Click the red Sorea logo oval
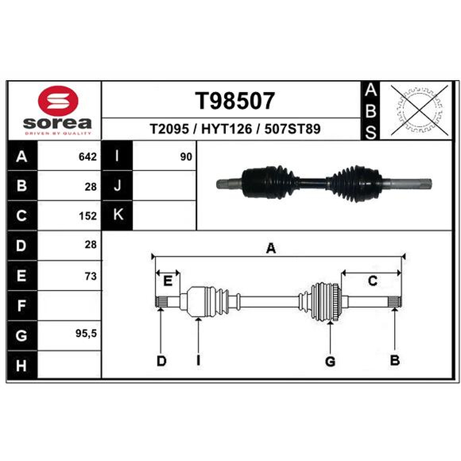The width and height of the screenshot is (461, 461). (58, 100)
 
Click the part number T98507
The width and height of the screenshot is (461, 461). (235, 101)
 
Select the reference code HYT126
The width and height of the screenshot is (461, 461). (226, 129)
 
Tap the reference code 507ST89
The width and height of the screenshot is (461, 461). (293, 129)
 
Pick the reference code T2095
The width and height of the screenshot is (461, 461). (169, 129)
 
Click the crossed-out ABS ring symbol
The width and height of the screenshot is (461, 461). (420, 111)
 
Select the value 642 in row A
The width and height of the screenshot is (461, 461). (88, 157)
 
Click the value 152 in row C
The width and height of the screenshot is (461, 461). (88, 216)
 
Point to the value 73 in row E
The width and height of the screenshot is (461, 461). (90, 276)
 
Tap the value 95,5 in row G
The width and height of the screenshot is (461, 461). (86, 334)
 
